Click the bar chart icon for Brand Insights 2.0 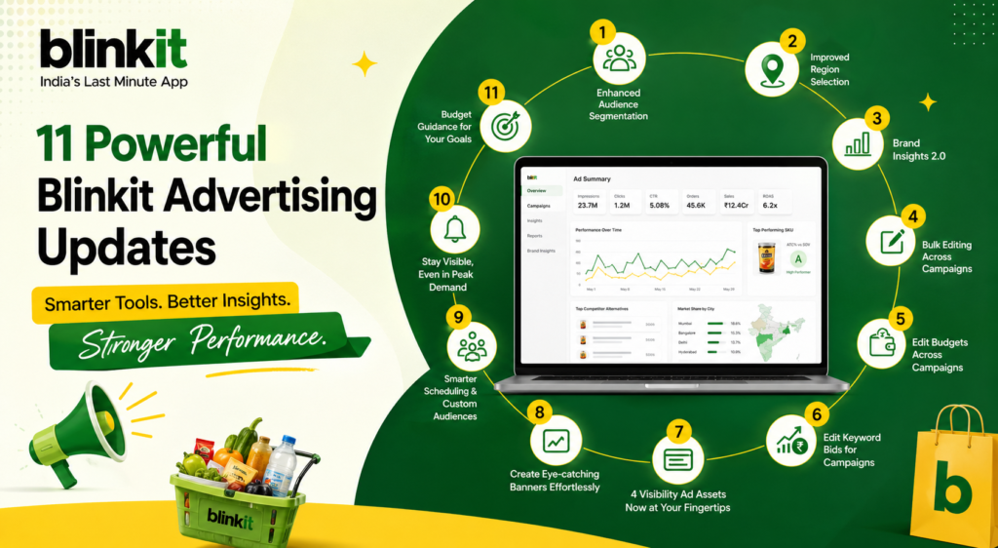858,144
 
